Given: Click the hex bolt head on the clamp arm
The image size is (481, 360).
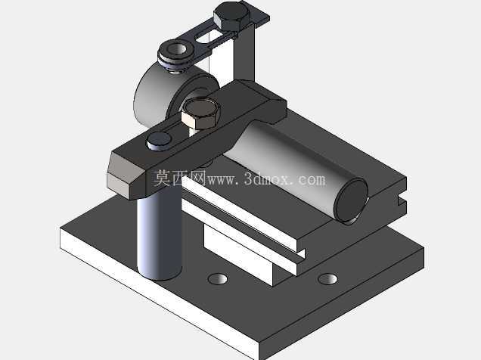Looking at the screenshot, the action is point(201,113).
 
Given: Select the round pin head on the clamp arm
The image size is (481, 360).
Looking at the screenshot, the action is point(159,141).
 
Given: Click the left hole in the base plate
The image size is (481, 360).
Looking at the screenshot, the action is point(218,279).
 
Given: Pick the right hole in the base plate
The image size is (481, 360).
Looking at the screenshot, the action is point(327,279).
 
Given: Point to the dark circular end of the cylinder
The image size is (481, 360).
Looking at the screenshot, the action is point(352,200).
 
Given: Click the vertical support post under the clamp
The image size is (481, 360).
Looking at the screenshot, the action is point(159,236).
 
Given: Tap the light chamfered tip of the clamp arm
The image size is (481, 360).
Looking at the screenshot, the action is point(123,176).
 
